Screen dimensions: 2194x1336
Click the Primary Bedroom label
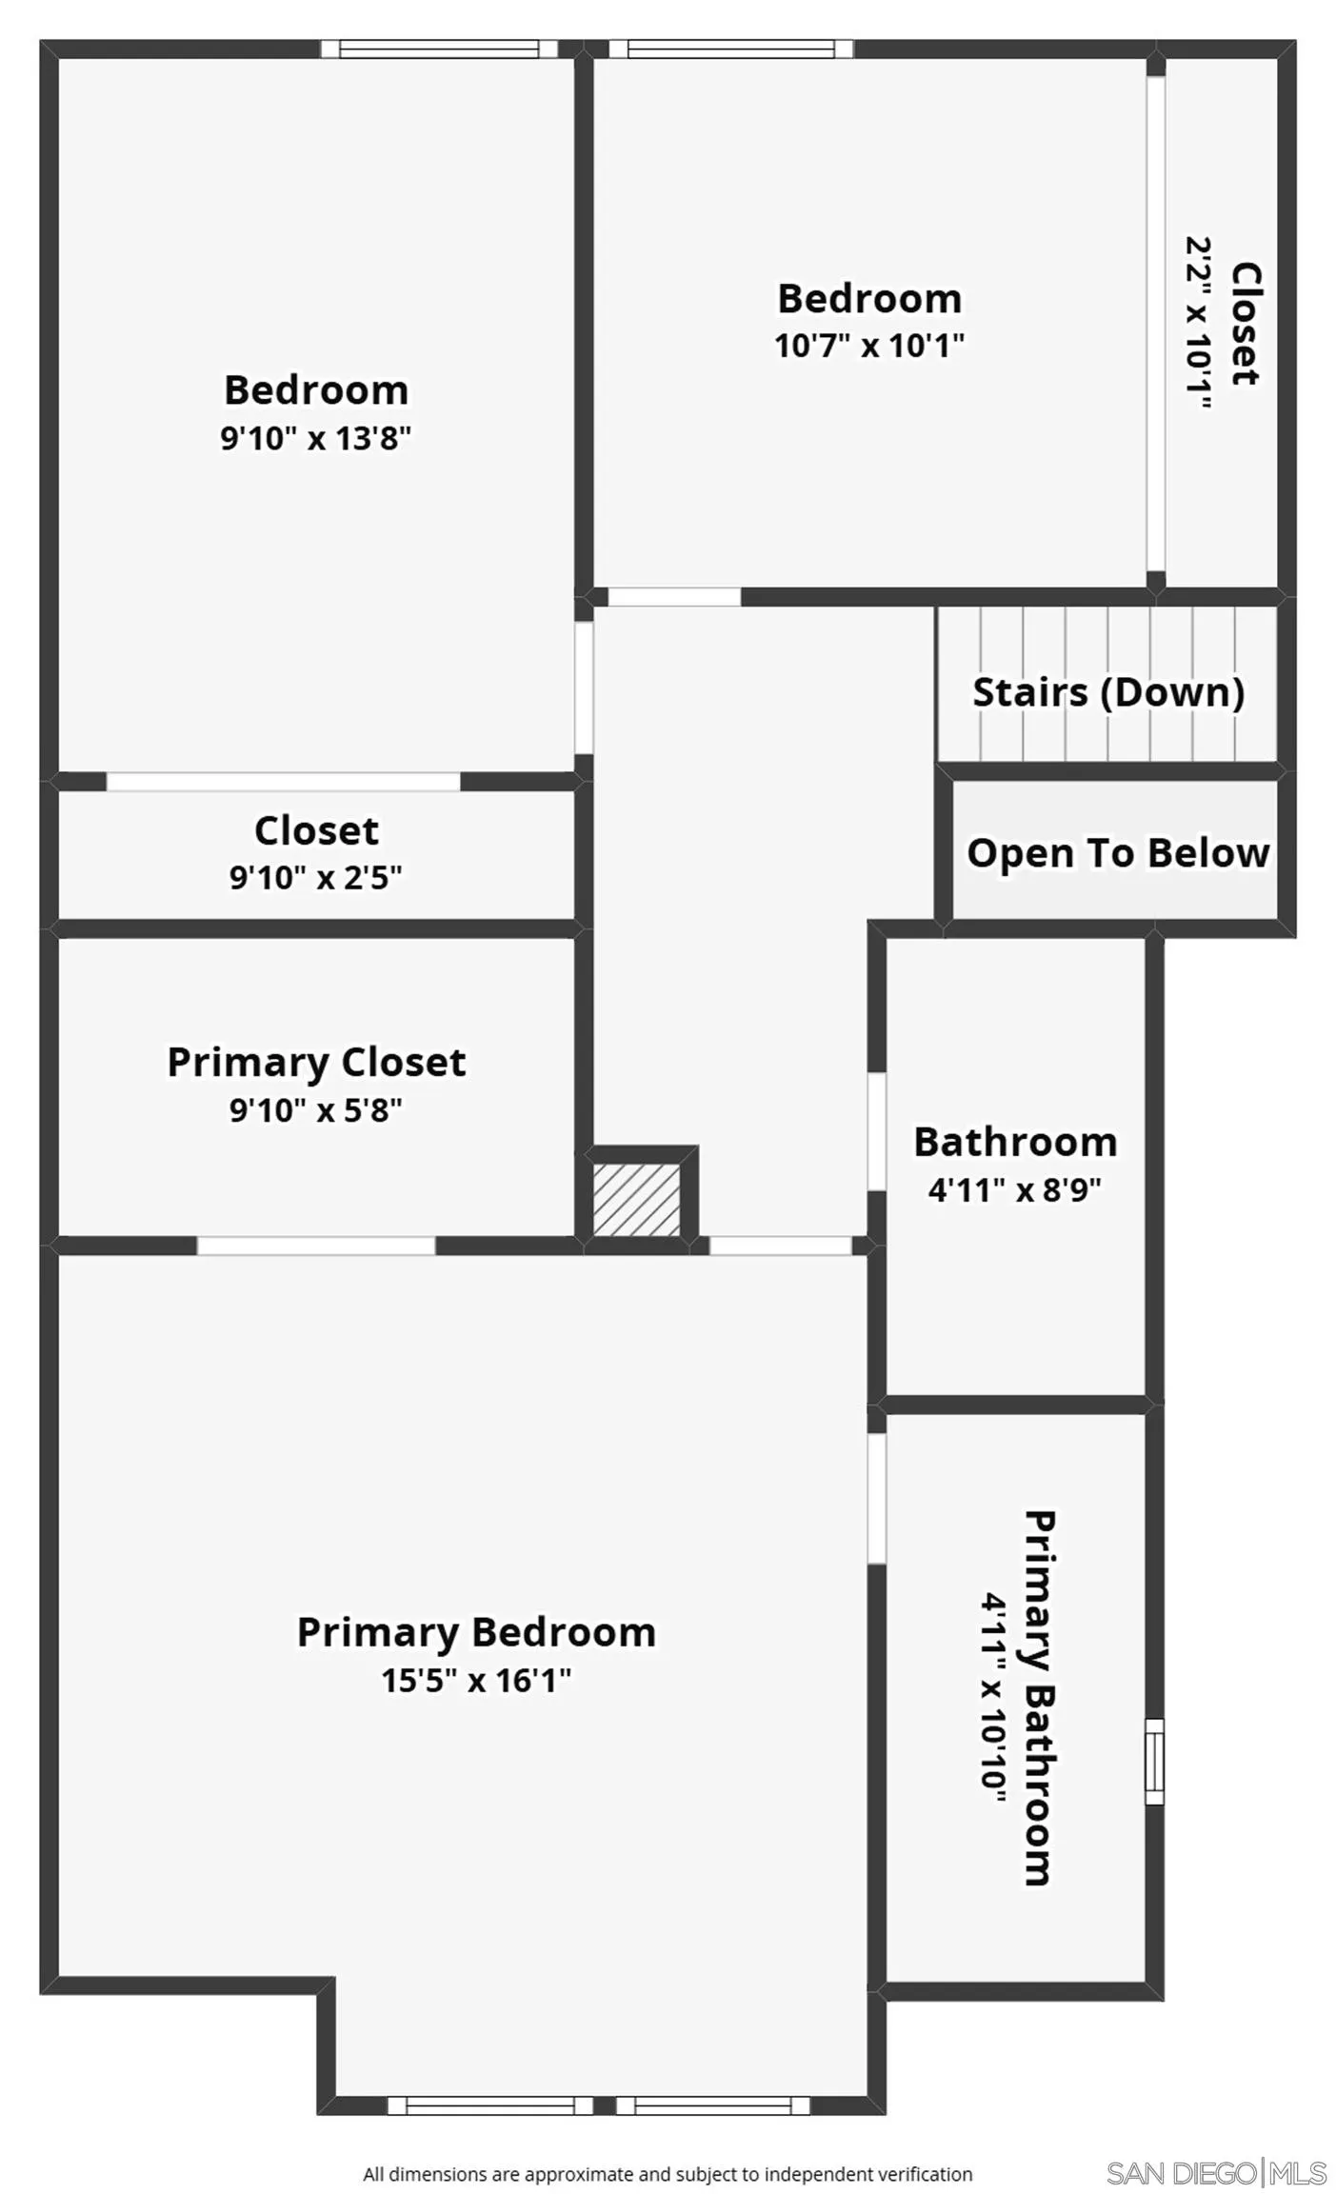[x=476, y=1632]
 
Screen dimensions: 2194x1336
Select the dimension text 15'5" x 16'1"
[x=476, y=1680]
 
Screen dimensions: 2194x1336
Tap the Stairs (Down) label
[x=1107, y=692]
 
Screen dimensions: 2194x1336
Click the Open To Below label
[x=1118, y=853]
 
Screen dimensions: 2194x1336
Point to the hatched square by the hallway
[x=636, y=1200]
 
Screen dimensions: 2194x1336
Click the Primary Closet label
[x=316, y=1063]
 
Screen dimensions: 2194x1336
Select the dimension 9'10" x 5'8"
[x=316, y=1110]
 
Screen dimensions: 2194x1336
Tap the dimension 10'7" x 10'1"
[x=868, y=345]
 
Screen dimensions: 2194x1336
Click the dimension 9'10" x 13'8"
[x=315, y=438]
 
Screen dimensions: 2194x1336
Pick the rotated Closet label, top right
[x=1246, y=324]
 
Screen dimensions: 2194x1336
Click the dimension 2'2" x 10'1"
[x=1198, y=324]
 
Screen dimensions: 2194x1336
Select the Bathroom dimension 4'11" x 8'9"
[x=1015, y=1189]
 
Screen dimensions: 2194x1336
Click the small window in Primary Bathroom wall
[x=1153, y=1761]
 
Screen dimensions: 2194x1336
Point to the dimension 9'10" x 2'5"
[x=316, y=877]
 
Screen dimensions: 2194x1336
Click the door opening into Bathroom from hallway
[x=876, y=1131]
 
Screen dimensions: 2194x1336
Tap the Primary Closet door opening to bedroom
[x=316, y=1245]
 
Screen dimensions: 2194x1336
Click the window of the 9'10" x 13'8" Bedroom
[x=439, y=49]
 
